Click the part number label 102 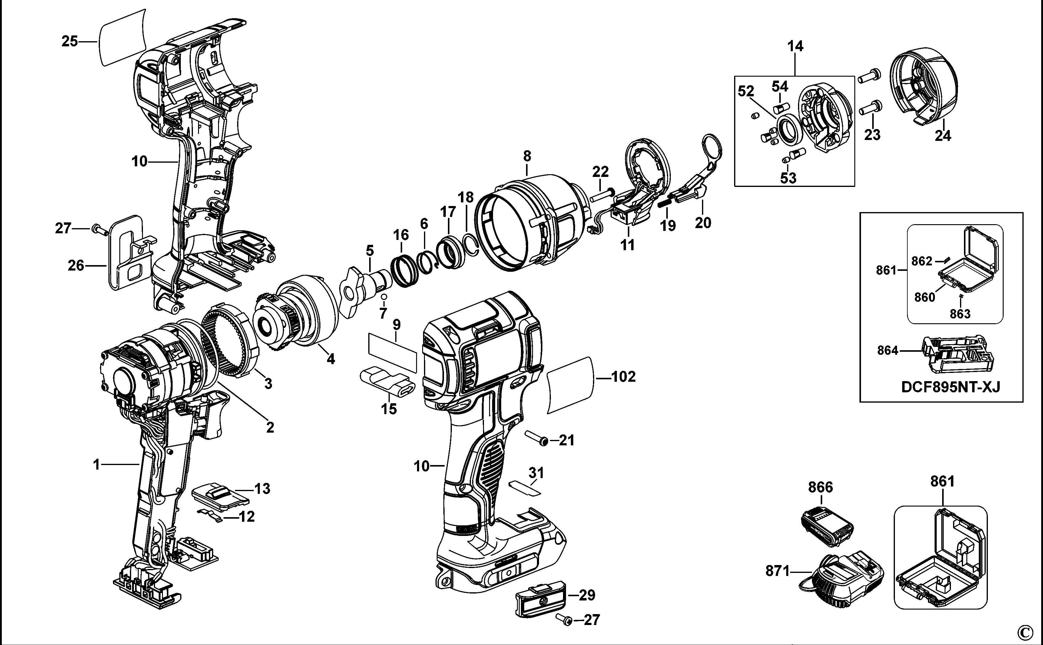(x=624, y=377)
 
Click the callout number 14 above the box (x=795, y=46)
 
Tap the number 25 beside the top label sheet (x=70, y=42)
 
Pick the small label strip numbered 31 (x=525, y=487)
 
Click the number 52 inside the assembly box (x=746, y=91)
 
